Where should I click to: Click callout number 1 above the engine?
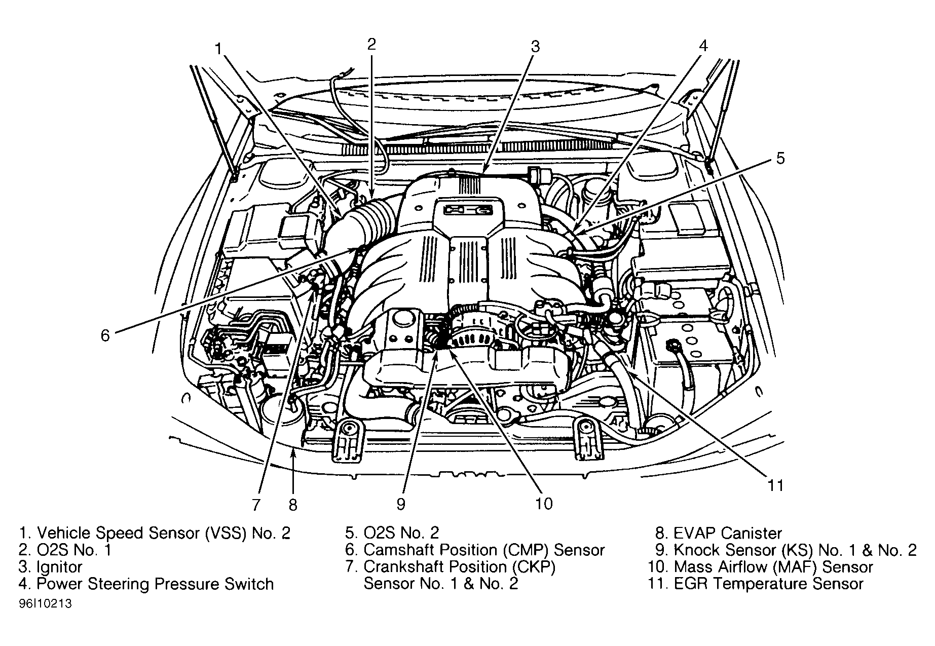click(218, 49)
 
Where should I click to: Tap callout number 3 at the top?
click(535, 47)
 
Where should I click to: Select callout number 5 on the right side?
click(780, 158)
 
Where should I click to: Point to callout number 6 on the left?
click(105, 335)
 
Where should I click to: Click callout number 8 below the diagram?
click(293, 505)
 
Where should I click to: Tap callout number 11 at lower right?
click(775, 485)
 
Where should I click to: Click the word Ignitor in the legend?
click(59, 566)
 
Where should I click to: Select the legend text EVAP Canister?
click(728, 533)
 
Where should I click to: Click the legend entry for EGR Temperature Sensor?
click(768, 584)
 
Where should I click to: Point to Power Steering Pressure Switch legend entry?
click(155, 584)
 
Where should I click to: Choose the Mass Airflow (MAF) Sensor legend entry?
click(773, 566)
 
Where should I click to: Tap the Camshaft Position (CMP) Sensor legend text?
click(484, 550)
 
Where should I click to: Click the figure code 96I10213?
click(46, 604)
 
